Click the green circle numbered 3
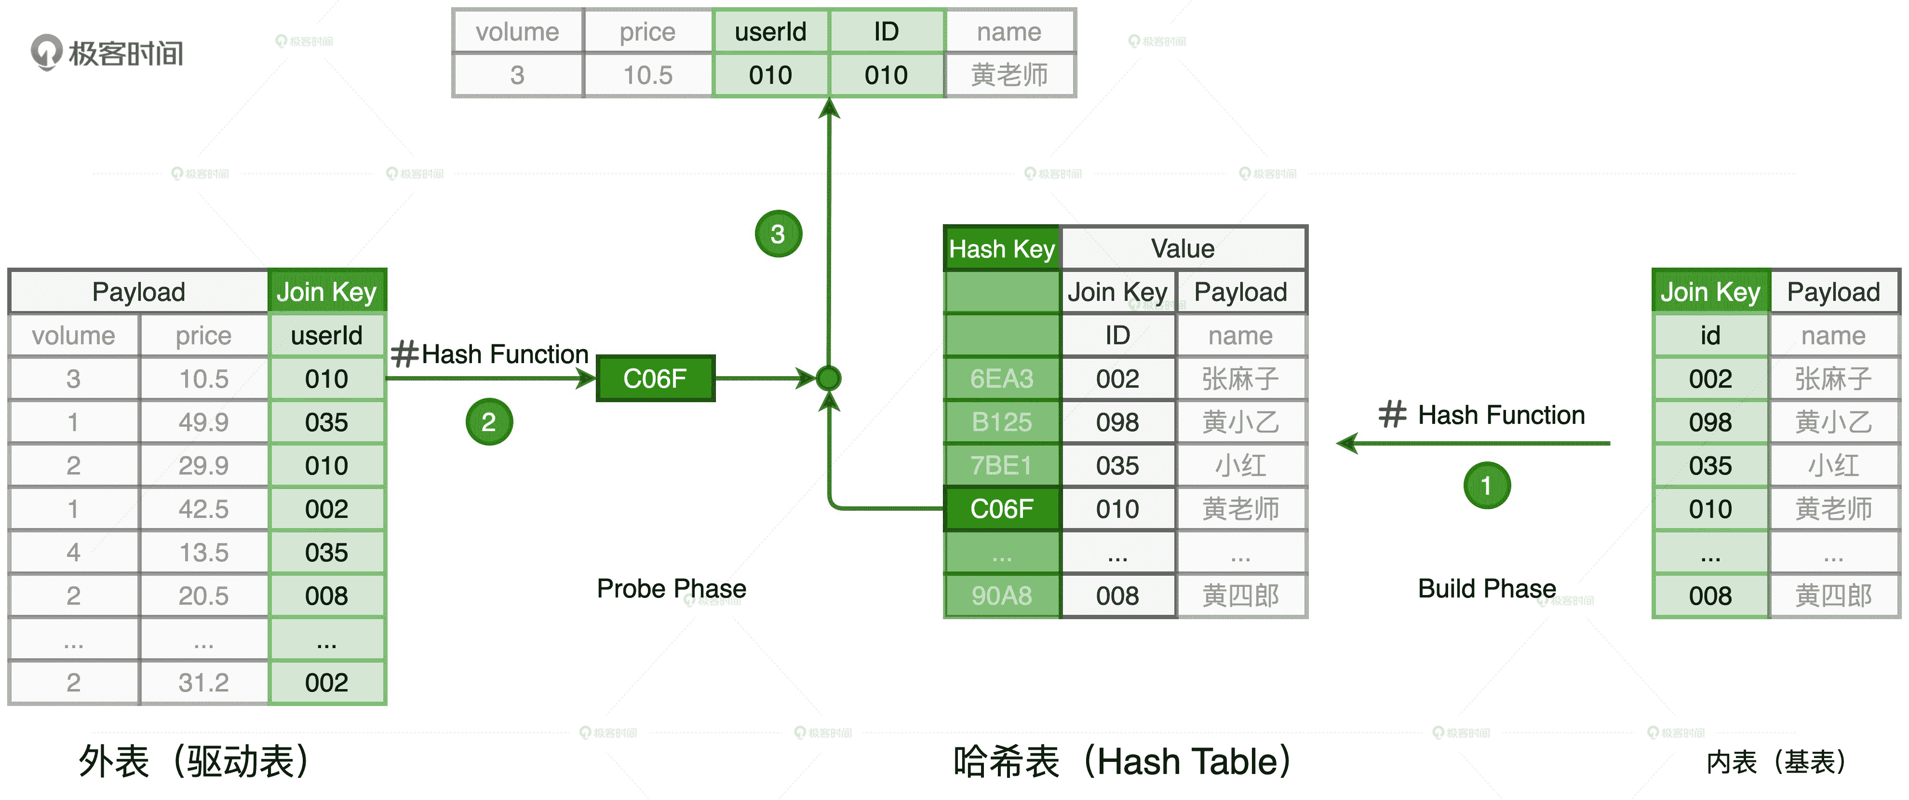click(778, 234)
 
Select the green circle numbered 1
click(1486, 486)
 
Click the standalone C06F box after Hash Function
click(655, 379)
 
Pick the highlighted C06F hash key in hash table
click(1001, 509)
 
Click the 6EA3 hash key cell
click(1001, 379)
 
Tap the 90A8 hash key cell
click(1001, 596)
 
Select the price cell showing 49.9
click(204, 422)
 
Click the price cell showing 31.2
click(204, 683)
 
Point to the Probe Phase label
click(672, 589)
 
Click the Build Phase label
click(1487, 589)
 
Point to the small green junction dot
click(829, 379)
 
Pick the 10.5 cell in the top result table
click(648, 75)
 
